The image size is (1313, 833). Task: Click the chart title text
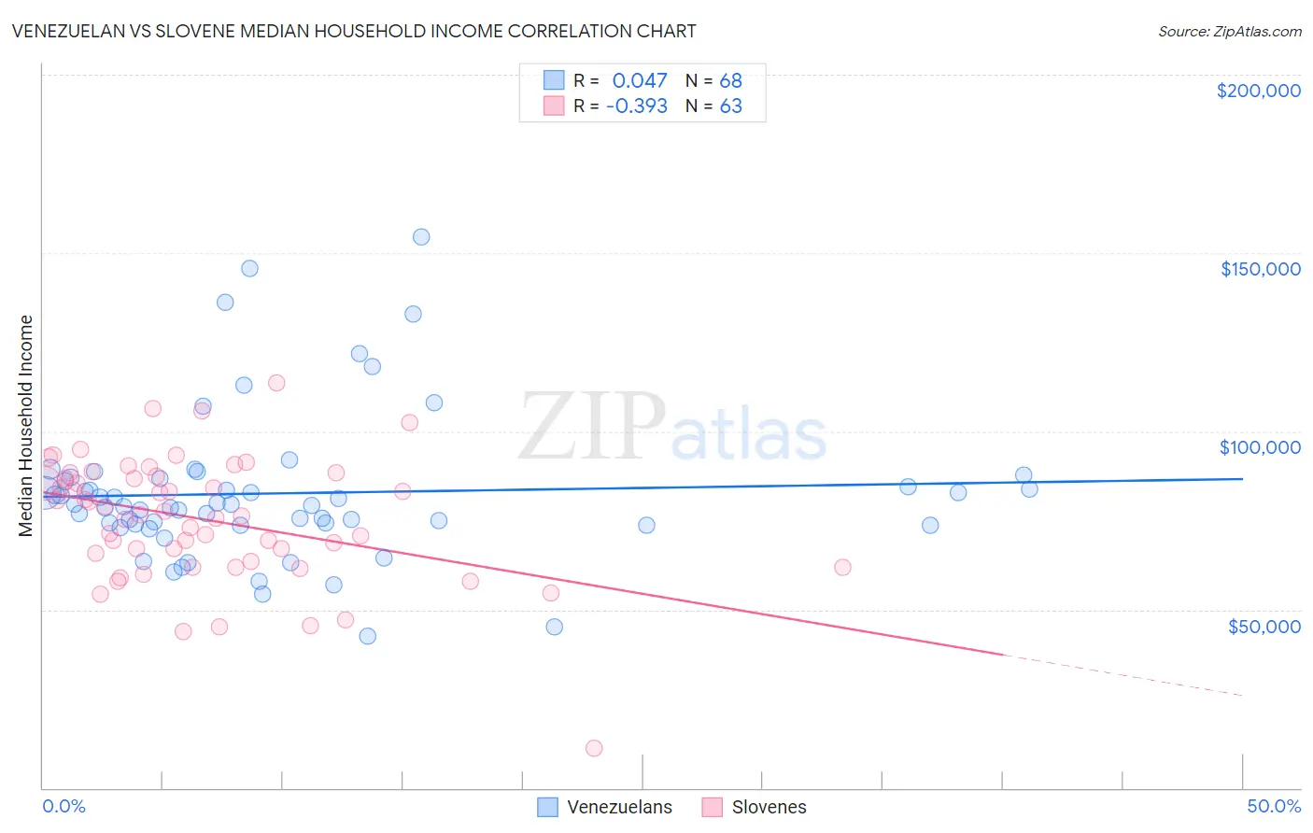click(x=353, y=31)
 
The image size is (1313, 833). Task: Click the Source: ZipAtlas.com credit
click(x=1229, y=31)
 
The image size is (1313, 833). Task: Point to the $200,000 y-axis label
click(x=1258, y=91)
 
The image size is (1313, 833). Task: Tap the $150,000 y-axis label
click(x=1260, y=269)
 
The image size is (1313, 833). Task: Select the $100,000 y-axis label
click(x=1260, y=447)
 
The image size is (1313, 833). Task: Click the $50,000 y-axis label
click(x=1264, y=626)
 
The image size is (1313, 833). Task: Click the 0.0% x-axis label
click(x=64, y=806)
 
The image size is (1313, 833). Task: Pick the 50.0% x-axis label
click(x=1273, y=806)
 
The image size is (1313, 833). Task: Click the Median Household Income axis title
click(x=26, y=426)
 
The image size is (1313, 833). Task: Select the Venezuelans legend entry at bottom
click(x=605, y=807)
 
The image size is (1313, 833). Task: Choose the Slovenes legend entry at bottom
click(x=755, y=807)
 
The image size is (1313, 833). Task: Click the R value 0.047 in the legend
click(x=640, y=81)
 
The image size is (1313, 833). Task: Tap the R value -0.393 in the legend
click(x=636, y=106)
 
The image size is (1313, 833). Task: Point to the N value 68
click(x=730, y=81)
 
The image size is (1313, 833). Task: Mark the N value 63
click(x=730, y=106)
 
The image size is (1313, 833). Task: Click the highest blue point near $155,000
click(x=421, y=237)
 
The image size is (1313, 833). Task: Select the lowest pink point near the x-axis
click(x=594, y=748)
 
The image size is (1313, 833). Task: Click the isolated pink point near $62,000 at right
click(x=842, y=567)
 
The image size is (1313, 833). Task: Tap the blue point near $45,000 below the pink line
click(x=554, y=627)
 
